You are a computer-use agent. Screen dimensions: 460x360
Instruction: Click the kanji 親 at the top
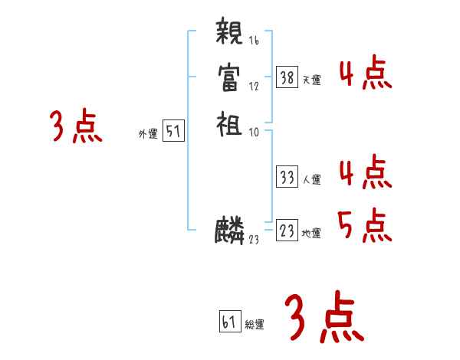[230, 34]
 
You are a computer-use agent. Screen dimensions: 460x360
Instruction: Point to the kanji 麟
[230, 230]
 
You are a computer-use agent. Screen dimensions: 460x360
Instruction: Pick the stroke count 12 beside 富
[254, 87]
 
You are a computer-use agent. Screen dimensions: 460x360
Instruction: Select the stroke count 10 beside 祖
[254, 132]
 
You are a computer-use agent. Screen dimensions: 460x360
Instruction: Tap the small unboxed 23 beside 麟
[254, 240]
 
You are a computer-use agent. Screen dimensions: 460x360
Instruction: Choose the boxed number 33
[287, 178]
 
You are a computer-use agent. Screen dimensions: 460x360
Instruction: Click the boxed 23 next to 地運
[287, 230]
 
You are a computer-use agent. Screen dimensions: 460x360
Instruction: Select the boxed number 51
[173, 133]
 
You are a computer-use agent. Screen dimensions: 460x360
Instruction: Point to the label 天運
[311, 79]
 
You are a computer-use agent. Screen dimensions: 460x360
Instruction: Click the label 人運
[311, 181]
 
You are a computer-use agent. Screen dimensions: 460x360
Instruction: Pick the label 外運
[148, 134]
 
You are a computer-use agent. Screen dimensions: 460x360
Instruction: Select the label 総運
[255, 324]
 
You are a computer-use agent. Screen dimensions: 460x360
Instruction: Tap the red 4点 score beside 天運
[365, 74]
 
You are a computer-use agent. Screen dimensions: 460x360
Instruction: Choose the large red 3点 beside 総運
[324, 318]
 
